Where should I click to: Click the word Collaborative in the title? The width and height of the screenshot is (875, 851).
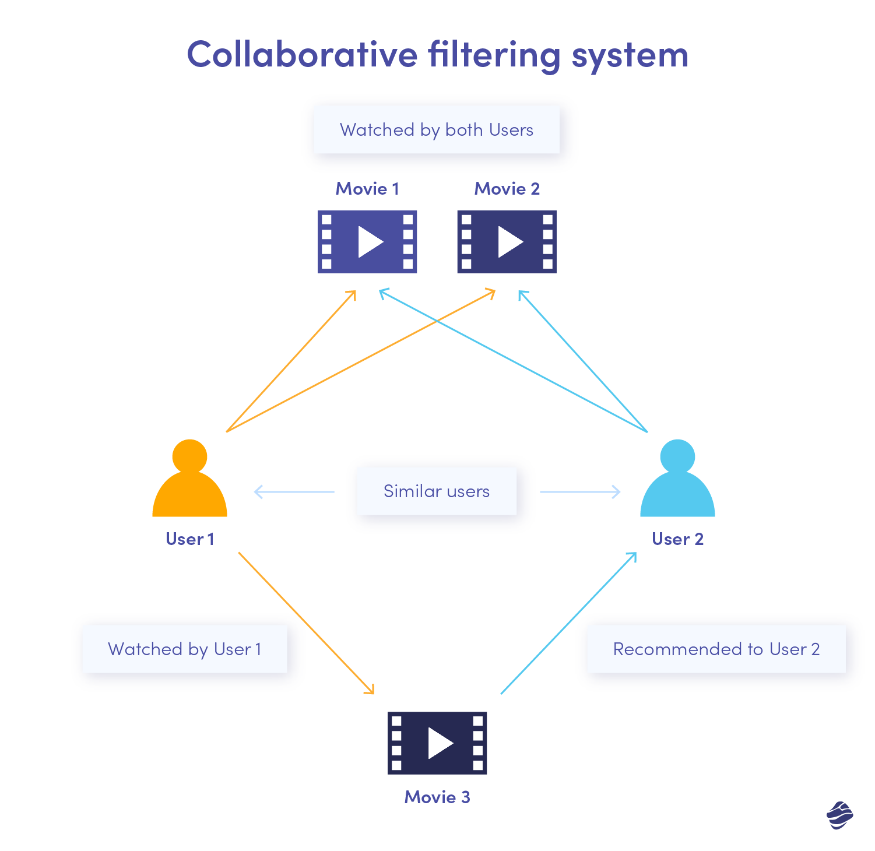tap(302, 54)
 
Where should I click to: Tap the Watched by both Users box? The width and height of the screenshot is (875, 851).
tap(436, 129)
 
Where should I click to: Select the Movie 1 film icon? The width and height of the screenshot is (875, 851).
tap(367, 242)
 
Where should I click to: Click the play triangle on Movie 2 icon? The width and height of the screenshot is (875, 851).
tap(509, 242)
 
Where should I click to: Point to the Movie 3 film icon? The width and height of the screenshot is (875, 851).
tap(437, 743)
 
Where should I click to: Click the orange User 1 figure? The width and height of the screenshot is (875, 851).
tap(189, 481)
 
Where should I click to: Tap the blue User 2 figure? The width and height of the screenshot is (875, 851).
tap(677, 481)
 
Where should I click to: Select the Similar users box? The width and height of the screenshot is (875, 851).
tap(436, 491)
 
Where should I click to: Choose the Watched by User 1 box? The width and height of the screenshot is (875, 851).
tap(185, 649)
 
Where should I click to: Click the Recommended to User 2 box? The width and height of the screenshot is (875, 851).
tap(716, 649)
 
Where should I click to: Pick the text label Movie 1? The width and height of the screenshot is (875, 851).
tap(367, 189)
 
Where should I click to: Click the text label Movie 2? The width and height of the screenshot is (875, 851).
tap(507, 189)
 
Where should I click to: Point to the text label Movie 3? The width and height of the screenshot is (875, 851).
tap(437, 797)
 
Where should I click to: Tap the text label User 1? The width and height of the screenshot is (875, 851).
tap(189, 539)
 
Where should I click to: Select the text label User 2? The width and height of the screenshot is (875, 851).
tap(677, 539)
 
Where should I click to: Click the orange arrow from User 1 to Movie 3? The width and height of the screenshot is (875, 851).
tap(306, 623)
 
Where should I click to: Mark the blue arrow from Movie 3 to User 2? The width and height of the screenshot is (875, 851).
tap(568, 623)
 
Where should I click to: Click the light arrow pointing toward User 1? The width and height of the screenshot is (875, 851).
tap(294, 492)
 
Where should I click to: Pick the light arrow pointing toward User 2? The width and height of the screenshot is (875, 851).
tap(580, 492)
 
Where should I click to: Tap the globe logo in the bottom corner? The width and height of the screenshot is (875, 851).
tap(839, 815)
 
